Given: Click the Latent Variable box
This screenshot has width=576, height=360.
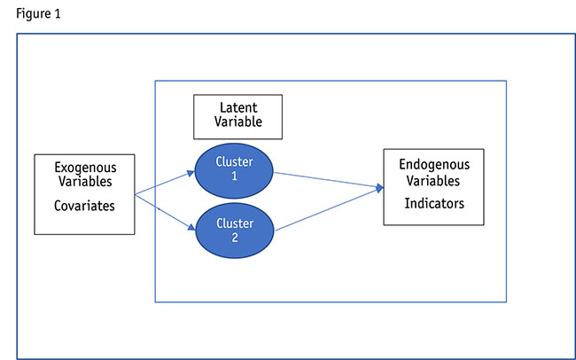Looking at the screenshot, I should pyautogui.click(x=238, y=116).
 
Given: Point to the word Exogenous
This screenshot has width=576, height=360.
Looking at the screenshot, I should pyautogui.click(x=85, y=166).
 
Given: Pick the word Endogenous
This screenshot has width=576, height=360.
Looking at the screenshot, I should pyautogui.click(x=433, y=165).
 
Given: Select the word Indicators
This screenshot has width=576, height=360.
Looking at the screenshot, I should pyautogui.click(x=434, y=203).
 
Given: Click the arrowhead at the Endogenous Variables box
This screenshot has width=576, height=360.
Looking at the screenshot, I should pyautogui.click(x=378, y=188).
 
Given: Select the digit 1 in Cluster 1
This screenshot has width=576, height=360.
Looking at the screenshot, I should pyautogui.click(x=235, y=178).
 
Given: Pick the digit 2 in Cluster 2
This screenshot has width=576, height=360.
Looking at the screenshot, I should pyautogui.click(x=235, y=237).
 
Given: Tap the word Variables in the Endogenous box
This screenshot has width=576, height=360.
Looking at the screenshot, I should pyautogui.click(x=433, y=181).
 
